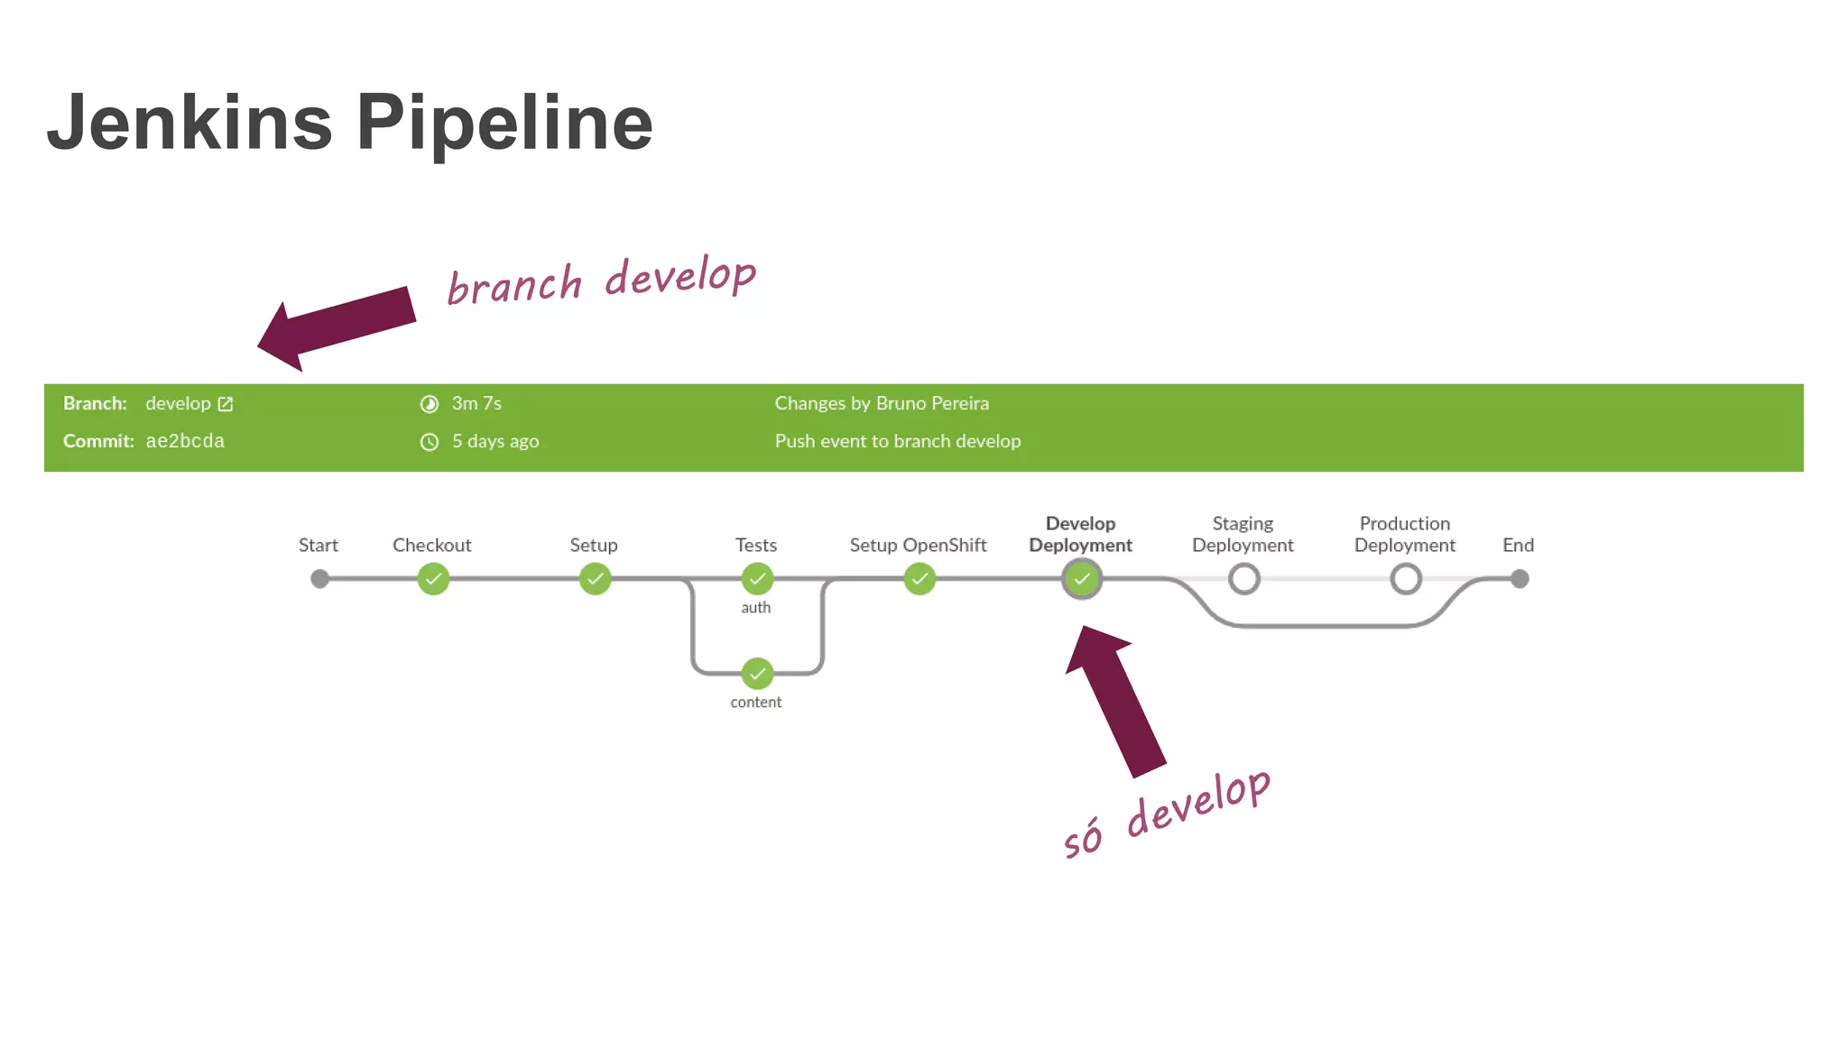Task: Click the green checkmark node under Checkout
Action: tap(433, 579)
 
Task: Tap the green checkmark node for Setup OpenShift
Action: tap(919, 579)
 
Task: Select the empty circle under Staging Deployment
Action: tap(1243, 579)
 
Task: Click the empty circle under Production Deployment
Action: tap(1405, 579)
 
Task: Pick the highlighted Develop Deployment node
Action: tap(1081, 579)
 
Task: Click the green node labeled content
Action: tap(757, 673)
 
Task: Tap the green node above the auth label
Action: tap(757, 579)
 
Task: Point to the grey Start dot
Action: tap(319, 579)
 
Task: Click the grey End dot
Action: tap(1520, 579)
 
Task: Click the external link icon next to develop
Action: tap(226, 404)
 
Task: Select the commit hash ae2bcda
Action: tap(185, 441)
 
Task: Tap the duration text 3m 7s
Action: tap(476, 403)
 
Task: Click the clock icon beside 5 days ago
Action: tap(430, 442)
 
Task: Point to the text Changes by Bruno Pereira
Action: tap(882, 403)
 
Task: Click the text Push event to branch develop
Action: tap(898, 441)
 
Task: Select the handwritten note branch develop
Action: tap(601, 281)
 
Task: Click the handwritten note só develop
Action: tap(1167, 815)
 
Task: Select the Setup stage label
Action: tap(594, 545)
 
